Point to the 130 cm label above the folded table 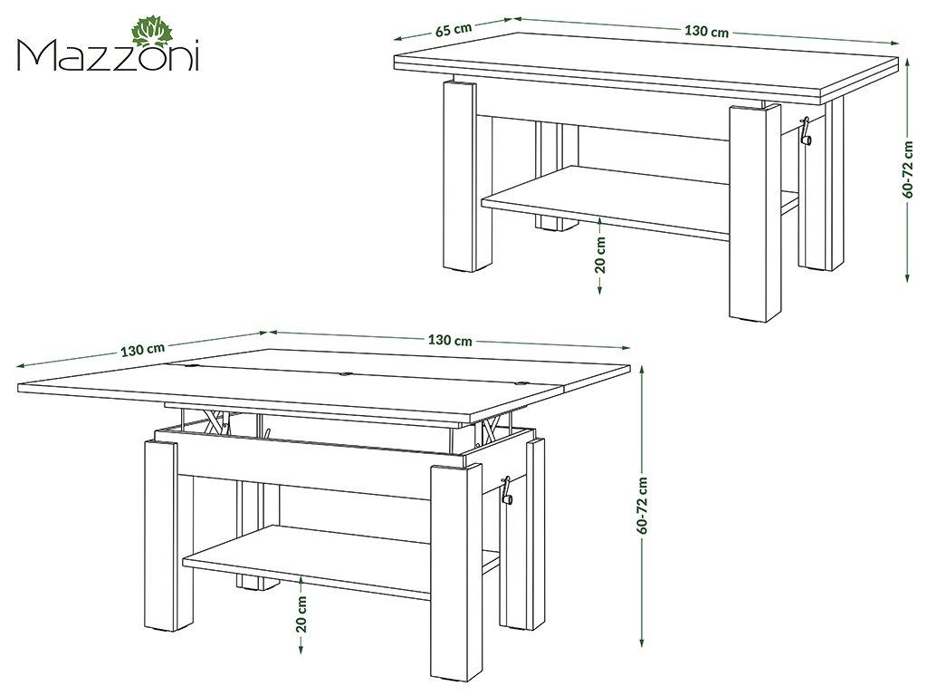pos(706,31)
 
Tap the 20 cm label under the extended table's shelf pos(302,614)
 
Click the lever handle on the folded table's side pos(806,133)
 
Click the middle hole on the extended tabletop pos(345,372)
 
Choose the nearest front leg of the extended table pos(455,562)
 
